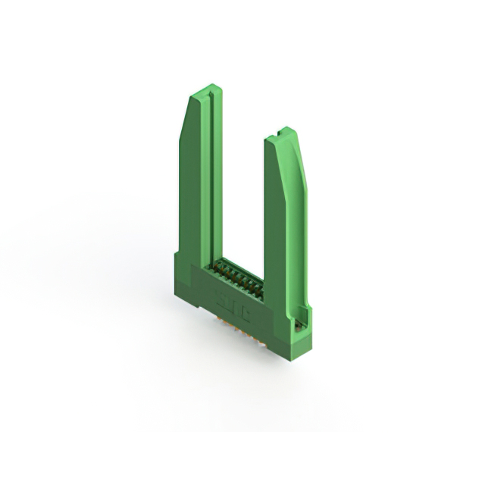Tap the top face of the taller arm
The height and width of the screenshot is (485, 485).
pyautogui.click(x=204, y=91)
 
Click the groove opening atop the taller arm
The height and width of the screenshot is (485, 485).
pyautogui.click(x=217, y=95)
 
